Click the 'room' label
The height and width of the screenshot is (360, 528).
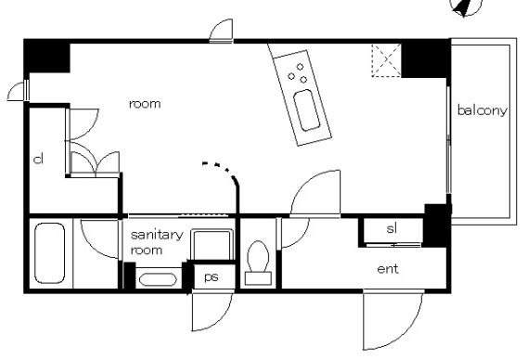tap(145, 104)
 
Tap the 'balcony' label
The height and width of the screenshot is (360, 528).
tap(482, 110)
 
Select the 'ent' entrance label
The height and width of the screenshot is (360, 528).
tap(388, 269)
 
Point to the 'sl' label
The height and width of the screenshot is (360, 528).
tap(392, 228)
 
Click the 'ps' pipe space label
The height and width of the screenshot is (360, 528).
tap(212, 276)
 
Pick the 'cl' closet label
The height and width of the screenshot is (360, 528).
tap(39, 159)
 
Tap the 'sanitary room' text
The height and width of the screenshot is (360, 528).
tap(157, 242)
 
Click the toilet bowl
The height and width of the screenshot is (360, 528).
tap(258, 263)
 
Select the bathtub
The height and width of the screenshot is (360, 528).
tap(49, 253)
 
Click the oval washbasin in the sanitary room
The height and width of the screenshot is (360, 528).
tap(158, 280)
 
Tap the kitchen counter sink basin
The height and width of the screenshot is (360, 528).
tap(306, 109)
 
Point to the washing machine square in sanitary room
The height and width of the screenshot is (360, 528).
tap(212, 245)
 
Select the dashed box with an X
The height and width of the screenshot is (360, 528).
tap(387, 60)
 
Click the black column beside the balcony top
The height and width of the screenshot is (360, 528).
tap(426, 59)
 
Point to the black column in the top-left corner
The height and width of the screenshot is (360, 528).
tap(46, 56)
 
